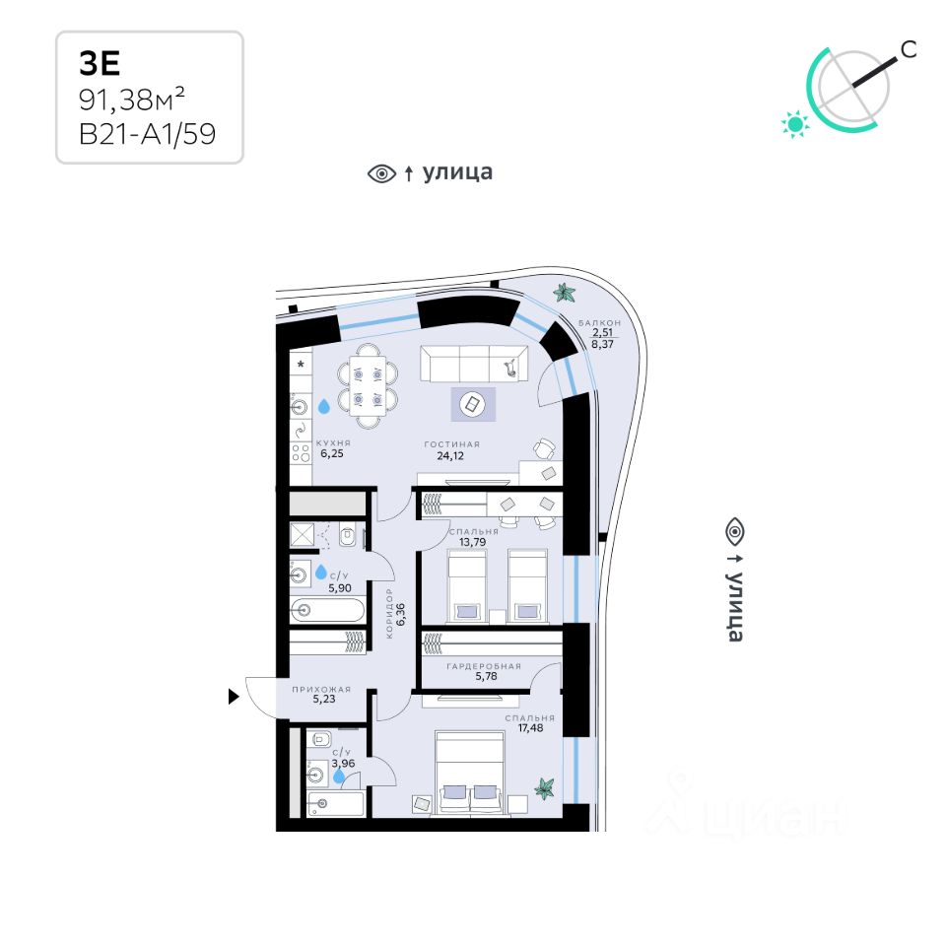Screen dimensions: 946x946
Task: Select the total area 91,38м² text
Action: tap(133, 99)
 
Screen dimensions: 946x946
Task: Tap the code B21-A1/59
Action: tap(147, 133)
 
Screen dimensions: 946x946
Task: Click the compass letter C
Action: tap(909, 50)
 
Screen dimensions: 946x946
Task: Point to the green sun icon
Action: tap(794, 123)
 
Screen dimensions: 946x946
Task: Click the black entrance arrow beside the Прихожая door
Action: tap(234, 697)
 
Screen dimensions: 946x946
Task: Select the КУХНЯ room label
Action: tap(333, 443)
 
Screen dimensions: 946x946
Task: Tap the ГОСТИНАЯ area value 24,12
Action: tap(451, 456)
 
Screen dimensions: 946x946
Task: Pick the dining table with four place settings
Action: tap(369, 385)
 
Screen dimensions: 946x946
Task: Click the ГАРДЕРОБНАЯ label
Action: tap(483, 666)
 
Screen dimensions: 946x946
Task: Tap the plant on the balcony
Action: tap(566, 293)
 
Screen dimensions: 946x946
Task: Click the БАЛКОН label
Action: tap(600, 323)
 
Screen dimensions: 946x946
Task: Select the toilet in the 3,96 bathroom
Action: tap(323, 739)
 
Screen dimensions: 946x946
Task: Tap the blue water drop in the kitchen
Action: tap(324, 405)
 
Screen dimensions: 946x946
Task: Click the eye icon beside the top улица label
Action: tap(380, 173)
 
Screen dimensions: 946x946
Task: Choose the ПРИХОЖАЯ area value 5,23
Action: tap(324, 699)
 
